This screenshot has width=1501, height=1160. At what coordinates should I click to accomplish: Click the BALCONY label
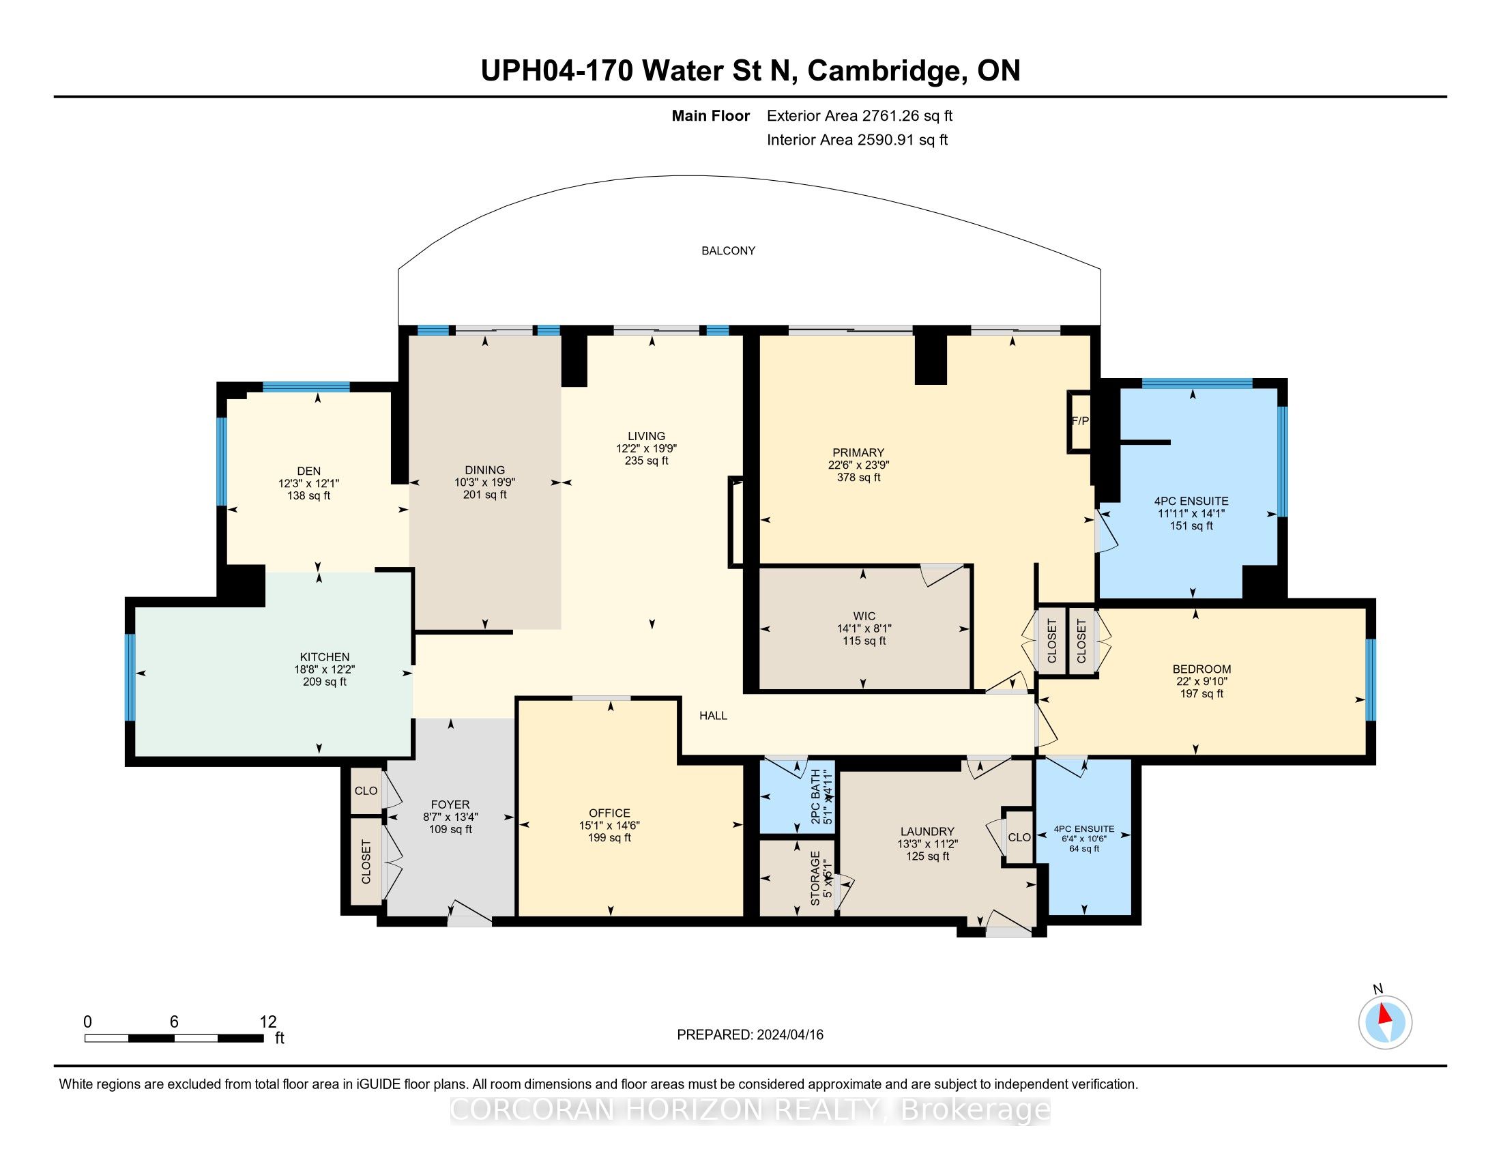pos(728,251)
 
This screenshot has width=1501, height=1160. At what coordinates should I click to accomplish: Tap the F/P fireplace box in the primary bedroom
pos(1080,421)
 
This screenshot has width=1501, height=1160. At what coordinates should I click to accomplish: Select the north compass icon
pos(1386,1022)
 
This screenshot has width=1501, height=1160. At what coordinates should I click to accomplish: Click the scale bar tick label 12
pos(268,1022)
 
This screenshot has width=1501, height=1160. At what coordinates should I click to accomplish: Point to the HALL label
pos(714,715)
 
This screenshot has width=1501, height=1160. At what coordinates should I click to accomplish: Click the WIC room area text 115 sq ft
pos(864,641)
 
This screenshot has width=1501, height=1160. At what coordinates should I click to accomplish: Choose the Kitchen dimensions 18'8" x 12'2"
pos(324,669)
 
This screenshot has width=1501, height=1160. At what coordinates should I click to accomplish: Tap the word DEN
pos(308,471)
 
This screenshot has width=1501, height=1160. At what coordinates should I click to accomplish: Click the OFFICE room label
pos(609,813)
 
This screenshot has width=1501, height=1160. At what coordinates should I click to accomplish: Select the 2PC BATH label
pos(816,797)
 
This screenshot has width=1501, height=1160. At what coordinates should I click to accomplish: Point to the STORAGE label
pos(815,878)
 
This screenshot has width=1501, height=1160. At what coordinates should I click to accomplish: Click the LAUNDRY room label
pos(927,832)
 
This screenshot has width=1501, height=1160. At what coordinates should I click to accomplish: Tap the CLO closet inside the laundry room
pos(1019,837)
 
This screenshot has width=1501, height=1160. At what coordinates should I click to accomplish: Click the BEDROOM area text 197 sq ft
pos(1201,693)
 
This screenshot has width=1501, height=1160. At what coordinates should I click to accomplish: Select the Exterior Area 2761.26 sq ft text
pos(860,115)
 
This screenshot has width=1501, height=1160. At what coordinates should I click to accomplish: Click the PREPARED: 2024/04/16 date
pos(750,1035)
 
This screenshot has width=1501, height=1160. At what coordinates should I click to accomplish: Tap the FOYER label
pos(450,804)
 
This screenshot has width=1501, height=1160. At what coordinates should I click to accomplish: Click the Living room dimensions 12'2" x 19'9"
pos(646,448)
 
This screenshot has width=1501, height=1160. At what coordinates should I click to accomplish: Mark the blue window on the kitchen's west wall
pos(129,677)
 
